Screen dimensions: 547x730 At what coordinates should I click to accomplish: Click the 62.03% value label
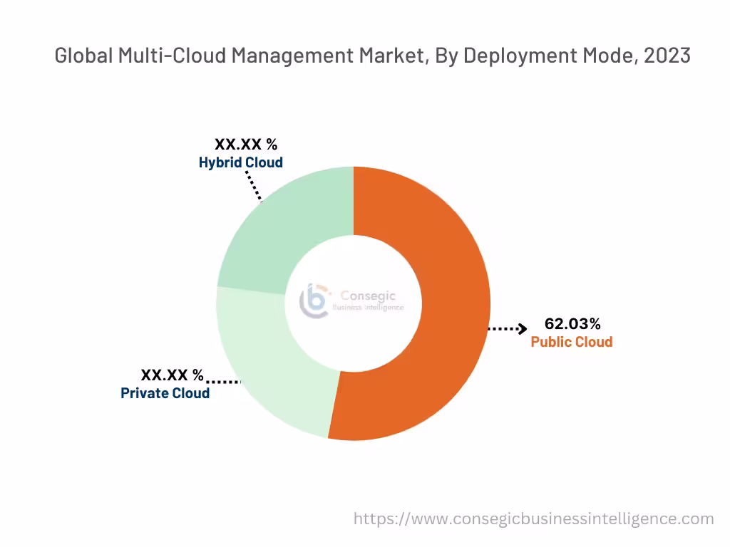click(572, 323)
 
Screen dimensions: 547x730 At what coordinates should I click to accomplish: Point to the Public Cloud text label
click(571, 342)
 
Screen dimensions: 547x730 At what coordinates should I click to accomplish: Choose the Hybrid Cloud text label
click(240, 162)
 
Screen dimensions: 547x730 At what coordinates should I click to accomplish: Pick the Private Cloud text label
click(165, 393)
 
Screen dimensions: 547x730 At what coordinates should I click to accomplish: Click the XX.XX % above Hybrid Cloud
click(246, 145)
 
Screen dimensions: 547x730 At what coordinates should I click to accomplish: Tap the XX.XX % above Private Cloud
click(172, 375)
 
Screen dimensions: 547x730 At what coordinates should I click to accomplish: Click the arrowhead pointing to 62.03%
click(523, 328)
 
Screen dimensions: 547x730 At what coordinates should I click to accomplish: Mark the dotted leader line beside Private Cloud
click(222, 382)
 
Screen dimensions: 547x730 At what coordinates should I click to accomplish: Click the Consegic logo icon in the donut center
click(314, 301)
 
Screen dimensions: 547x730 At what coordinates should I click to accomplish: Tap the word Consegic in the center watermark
click(367, 296)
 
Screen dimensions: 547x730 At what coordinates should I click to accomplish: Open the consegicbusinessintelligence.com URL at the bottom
click(533, 519)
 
